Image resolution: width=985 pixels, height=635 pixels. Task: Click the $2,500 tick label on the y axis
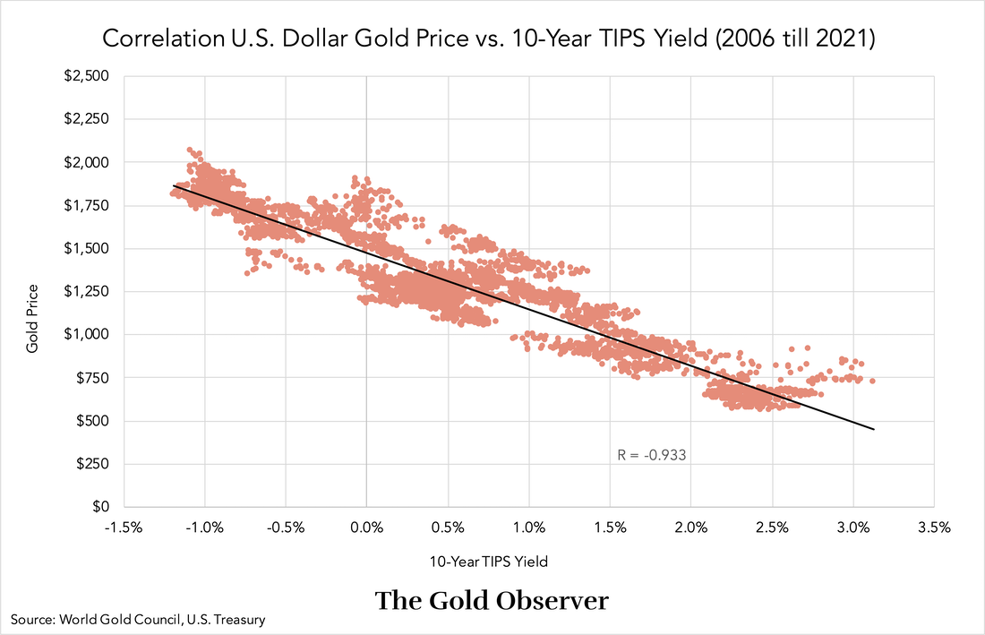[88, 76]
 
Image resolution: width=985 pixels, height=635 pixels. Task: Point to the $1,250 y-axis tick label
[88, 291]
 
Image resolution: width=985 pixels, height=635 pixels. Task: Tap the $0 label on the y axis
[100, 507]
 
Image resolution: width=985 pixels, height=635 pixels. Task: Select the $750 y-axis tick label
[91, 378]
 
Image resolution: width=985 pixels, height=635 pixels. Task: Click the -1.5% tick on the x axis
[122, 528]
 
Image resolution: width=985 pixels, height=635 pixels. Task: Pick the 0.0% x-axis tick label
[366, 528]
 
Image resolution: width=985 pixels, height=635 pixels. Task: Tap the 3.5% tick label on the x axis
[933, 528]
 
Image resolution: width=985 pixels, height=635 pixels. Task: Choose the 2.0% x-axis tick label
[690, 528]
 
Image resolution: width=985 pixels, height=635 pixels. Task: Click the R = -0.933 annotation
[652, 455]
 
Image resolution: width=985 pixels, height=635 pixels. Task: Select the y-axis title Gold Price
[32, 317]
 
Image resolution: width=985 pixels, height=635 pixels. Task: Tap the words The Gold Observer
[492, 600]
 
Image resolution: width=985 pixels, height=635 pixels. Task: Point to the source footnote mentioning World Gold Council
[138, 619]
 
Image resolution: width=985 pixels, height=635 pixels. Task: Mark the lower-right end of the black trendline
[873, 430]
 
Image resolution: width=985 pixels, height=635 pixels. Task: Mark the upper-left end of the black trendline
[174, 186]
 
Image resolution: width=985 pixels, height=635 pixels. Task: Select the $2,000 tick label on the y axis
[88, 162]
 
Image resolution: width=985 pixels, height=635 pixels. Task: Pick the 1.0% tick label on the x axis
[528, 528]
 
